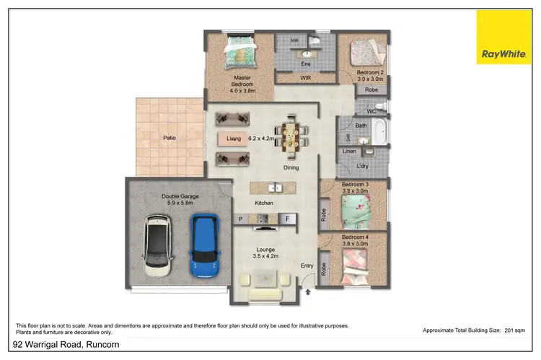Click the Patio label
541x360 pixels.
point(170,138)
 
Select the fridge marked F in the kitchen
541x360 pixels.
point(287,218)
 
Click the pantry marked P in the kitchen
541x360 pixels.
point(241,218)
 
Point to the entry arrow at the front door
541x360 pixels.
point(309,292)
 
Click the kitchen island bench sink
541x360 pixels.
point(275,188)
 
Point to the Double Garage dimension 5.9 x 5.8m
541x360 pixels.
point(170,203)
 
